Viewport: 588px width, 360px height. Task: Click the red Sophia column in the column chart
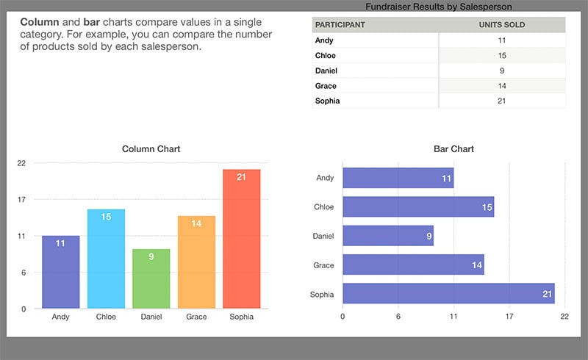(241, 239)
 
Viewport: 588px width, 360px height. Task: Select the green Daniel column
(151, 279)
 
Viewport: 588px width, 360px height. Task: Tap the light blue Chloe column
(106, 259)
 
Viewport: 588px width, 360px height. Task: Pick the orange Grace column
(196, 262)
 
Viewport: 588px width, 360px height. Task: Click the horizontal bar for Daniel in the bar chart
(388, 236)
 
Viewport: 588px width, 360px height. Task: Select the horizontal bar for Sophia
(448, 294)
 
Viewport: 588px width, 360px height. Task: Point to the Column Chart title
(151, 149)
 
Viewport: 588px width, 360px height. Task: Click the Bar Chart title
(453, 149)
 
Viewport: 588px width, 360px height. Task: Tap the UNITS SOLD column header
(501, 25)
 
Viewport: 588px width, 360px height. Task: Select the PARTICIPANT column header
(340, 25)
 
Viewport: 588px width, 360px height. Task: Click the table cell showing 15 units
(501, 56)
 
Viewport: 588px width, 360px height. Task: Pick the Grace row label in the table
(326, 86)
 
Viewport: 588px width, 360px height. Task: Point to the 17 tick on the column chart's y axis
(22, 199)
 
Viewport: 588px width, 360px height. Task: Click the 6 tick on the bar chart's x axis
(398, 317)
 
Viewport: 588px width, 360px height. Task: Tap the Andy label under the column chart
(61, 317)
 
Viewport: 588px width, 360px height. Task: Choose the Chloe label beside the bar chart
(323, 207)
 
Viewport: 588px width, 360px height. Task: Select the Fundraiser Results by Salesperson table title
(439, 7)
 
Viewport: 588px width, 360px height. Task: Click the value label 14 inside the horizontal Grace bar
(477, 265)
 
